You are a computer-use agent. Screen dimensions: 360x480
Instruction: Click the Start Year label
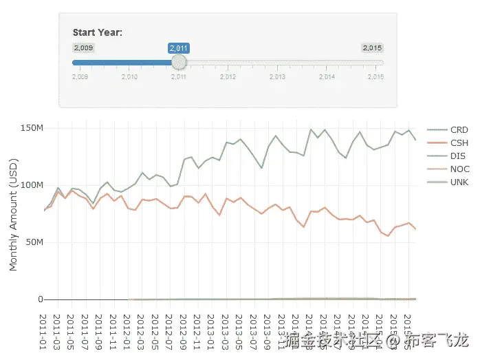tap(98, 32)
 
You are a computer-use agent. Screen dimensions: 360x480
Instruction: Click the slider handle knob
tap(179, 62)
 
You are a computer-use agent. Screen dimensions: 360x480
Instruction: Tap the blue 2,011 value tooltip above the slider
tap(179, 47)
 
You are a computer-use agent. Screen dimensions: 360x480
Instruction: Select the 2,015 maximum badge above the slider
tap(372, 47)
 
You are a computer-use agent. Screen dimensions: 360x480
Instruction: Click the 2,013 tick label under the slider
tap(277, 76)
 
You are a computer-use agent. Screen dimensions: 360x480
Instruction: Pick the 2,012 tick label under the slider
tap(228, 76)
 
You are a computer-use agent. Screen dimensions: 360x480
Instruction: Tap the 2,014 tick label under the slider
tap(327, 76)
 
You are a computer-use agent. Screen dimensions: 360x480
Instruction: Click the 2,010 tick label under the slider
tap(129, 76)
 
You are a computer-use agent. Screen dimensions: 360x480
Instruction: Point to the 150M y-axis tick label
tap(32, 128)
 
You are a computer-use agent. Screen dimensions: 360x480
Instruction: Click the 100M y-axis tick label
tap(32, 185)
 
